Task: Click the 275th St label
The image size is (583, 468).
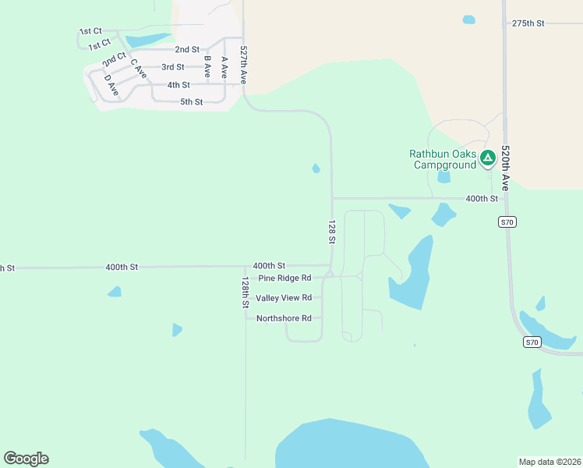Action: (x=528, y=23)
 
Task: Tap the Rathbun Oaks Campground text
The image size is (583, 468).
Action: (x=443, y=159)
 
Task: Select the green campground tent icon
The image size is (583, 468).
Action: (x=487, y=158)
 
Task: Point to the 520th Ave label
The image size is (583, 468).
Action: (x=505, y=168)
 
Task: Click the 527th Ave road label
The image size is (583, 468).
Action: (x=244, y=65)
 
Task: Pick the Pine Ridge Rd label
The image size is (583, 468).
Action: (x=284, y=278)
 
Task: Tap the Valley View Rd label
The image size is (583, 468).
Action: (x=284, y=298)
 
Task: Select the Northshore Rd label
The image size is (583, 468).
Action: (x=284, y=318)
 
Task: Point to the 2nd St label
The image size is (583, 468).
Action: (x=187, y=49)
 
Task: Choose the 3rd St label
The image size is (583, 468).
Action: (x=173, y=67)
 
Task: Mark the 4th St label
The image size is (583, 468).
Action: (x=178, y=85)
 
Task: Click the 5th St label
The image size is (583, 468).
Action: (x=191, y=102)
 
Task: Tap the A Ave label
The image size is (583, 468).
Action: (x=224, y=67)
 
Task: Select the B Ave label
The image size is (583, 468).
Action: (x=207, y=66)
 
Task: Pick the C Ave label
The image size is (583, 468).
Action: (x=139, y=68)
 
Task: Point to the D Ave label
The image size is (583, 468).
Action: (x=111, y=88)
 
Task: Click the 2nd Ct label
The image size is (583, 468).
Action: (x=114, y=58)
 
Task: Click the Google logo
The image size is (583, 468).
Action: (x=26, y=459)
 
